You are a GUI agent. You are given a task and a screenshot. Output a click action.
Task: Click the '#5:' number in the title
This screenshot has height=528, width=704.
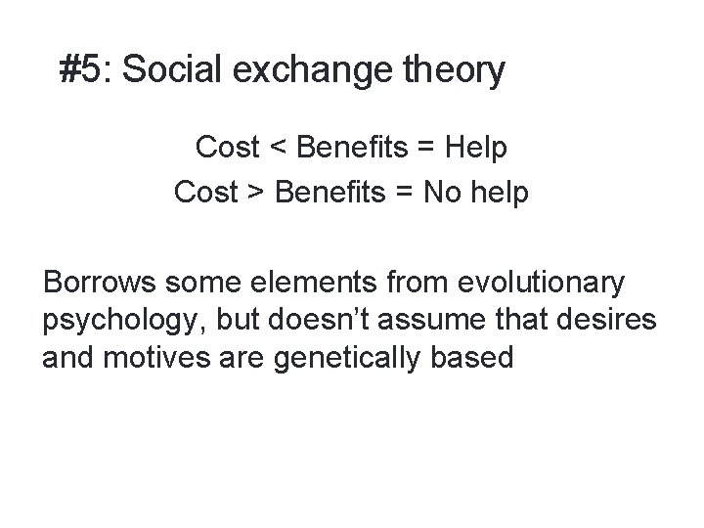pyautogui.click(x=87, y=70)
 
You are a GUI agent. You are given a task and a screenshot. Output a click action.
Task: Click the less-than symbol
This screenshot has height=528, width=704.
pyautogui.click(x=279, y=149)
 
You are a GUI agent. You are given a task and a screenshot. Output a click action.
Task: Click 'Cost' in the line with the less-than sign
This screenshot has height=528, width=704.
pyautogui.click(x=228, y=149)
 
